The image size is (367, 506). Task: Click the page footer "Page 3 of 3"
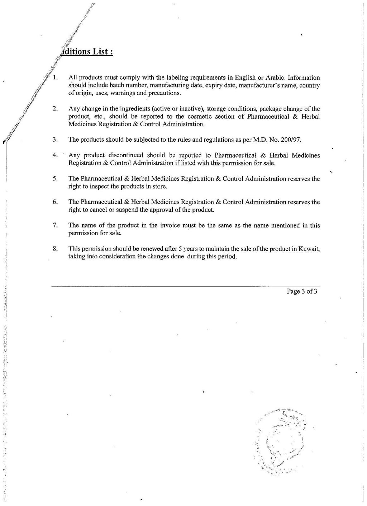point(302,291)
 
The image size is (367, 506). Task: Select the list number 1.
point(55,78)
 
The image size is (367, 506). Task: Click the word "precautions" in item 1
point(165,93)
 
